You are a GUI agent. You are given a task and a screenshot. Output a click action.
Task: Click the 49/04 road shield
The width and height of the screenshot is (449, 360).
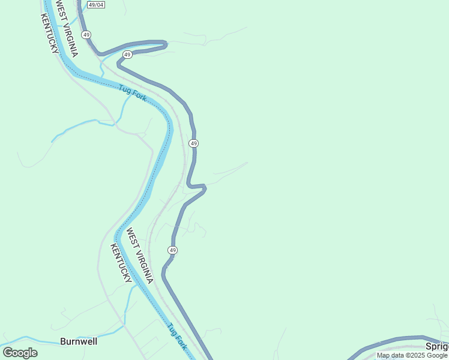point(95,5)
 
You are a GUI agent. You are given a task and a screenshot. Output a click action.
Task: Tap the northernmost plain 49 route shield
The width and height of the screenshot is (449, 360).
point(87,35)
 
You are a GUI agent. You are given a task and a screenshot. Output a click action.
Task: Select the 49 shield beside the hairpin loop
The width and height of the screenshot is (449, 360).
point(127,55)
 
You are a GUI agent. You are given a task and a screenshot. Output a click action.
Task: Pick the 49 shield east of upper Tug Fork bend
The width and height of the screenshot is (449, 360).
point(193,143)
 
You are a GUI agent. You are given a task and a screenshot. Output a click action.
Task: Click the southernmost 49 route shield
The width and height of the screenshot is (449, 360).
point(173,250)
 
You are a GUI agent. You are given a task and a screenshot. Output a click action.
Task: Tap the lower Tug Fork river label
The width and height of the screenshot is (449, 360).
point(178,337)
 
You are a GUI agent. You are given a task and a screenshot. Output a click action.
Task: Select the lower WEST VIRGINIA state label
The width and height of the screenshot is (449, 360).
point(139,256)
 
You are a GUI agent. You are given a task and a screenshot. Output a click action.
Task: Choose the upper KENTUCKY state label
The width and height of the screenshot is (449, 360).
point(50,34)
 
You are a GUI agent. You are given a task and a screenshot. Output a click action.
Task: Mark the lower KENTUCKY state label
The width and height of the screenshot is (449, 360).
point(121,263)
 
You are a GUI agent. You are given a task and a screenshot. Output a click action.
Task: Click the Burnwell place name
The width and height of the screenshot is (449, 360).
point(79,342)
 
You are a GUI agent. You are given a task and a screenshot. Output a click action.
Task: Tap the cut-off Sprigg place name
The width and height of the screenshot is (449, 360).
point(437,346)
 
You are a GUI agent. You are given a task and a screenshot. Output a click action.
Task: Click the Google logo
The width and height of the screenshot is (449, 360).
point(20,353)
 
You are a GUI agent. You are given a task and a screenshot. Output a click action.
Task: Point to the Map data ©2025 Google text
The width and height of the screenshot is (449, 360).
point(412,355)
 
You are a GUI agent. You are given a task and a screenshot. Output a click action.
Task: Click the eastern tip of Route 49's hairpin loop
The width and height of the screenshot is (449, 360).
point(165,43)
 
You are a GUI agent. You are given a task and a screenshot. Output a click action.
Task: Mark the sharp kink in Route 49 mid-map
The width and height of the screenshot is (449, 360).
point(204,188)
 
